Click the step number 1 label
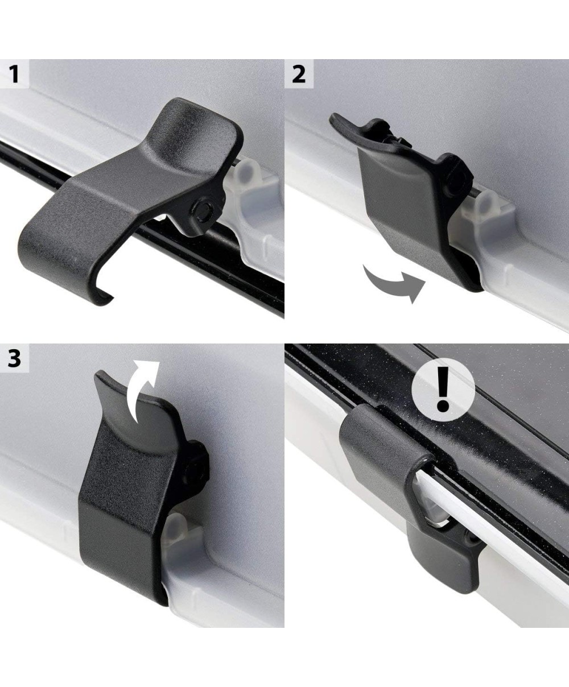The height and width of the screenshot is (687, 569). click(14, 74)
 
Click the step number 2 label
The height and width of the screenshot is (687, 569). click(299, 75)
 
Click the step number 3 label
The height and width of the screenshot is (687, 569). click(14, 359)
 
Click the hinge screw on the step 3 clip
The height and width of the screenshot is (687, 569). click(193, 474)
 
